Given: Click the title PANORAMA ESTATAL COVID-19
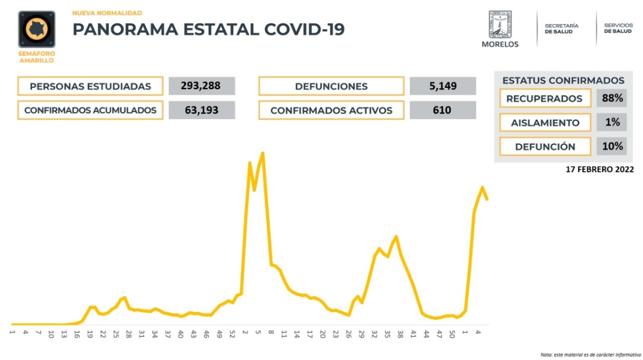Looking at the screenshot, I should (x=208, y=29).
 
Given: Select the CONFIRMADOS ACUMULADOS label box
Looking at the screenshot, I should (x=90, y=110).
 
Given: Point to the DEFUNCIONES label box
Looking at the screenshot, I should (x=331, y=86).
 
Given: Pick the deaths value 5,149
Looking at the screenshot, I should (x=443, y=86).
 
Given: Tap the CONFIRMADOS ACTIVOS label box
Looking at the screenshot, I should (x=331, y=110).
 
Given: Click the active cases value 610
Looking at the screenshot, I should (x=443, y=110).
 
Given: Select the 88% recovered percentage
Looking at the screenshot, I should (x=611, y=99).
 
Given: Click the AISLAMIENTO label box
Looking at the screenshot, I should (x=545, y=123).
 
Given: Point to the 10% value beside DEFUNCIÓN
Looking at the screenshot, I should (x=611, y=146).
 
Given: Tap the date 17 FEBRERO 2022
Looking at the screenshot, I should (x=600, y=169).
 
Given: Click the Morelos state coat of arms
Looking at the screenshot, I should (x=499, y=24).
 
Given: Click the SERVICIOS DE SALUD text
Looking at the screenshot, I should (x=618, y=28).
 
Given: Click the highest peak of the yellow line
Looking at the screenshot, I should (x=263, y=153).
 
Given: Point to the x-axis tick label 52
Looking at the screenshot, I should (x=233, y=334).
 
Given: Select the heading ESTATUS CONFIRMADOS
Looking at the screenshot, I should (x=563, y=80).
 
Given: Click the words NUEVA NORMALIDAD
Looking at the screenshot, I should (x=107, y=12).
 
